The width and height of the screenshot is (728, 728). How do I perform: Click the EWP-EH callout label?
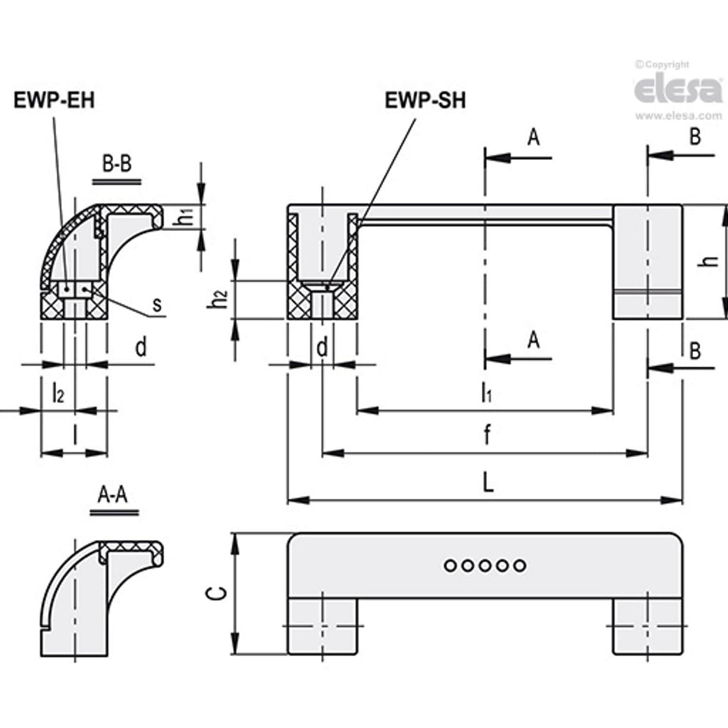coord(54,100)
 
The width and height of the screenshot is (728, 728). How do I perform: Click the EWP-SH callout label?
coord(425,100)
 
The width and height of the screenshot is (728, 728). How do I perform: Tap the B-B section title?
coord(116,164)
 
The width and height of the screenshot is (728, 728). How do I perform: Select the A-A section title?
coord(113,495)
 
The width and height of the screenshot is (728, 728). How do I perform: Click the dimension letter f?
coord(487,437)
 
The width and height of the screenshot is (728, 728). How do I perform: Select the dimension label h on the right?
coord(710,261)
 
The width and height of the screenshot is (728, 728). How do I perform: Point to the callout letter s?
coord(157,305)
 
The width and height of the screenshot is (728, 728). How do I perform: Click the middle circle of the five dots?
coord(485,565)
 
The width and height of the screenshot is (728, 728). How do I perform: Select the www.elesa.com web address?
coord(678,116)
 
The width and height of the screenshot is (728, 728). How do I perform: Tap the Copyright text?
coord(663,64)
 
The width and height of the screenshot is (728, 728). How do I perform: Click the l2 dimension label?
coord(58,393)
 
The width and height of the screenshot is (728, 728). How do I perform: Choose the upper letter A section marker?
coord(533,138)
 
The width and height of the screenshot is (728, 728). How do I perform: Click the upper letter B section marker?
coord(694,137)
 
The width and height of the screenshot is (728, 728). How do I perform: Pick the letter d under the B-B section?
coord(140,347)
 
